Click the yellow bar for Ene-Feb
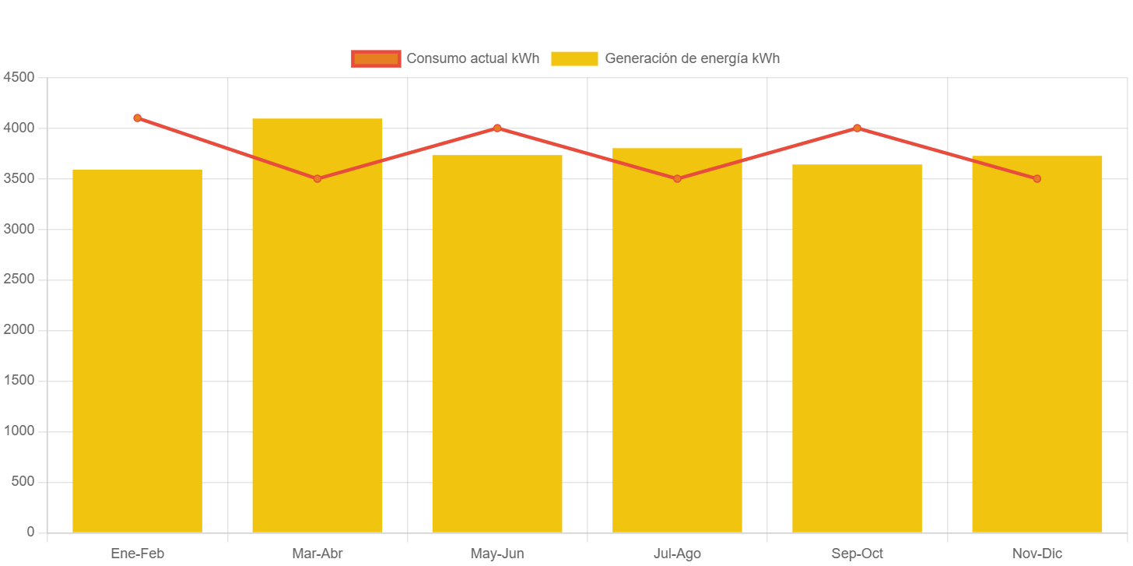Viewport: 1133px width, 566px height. pyautogui.click(x=137, y=350)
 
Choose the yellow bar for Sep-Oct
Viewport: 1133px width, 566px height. pyautogui.click(x=857, y=350)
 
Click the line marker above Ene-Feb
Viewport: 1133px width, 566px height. pyautogui.click(x=137, y=118)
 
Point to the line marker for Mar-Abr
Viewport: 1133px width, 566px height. pyautogui.click(x=317, y=179)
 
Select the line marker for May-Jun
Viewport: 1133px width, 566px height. pyautogui.click(x=497, y=128)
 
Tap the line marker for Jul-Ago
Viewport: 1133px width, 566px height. pyautogui.click(x=677, y=179)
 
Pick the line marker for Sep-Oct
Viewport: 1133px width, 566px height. pyautogui.click(x=857, y=128)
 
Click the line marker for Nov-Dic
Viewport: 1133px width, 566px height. pyautogui.click(x=1037, y=179)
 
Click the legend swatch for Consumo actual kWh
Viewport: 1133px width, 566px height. pyautogui.click(x=376, y=58)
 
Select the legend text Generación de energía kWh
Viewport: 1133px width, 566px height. pyautogui.click(x=692, y=58)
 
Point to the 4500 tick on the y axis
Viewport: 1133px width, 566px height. pyautogui.click(x=19, y=77)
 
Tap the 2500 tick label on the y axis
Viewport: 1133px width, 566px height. pyautogui.click(x=19, y=279)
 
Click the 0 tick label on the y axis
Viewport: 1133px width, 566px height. pyautogui.click(x=30, y=532)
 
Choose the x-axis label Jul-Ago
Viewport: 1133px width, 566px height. pyautogui.click(x=677, y=554)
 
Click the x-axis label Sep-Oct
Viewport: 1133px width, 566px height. pyautogui.click(x=857, y=554)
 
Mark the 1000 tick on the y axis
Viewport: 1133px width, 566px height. pyautogui.click(x=19, y=431)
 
